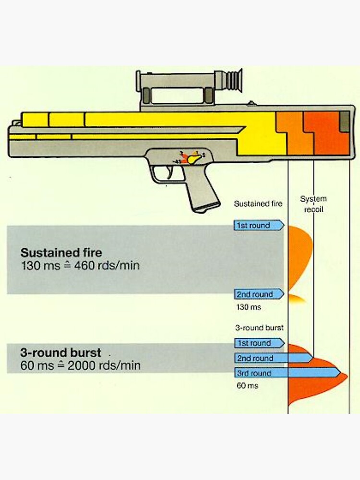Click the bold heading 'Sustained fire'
(x=61, y=252)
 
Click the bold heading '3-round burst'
(x=60, y=353)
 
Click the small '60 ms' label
(x=247, y=385)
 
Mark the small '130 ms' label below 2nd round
(x=249, y=307)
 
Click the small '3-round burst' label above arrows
(x=259, y=328)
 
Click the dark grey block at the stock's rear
(x=345, y=121)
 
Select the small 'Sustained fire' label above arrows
(x=258, y=204)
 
